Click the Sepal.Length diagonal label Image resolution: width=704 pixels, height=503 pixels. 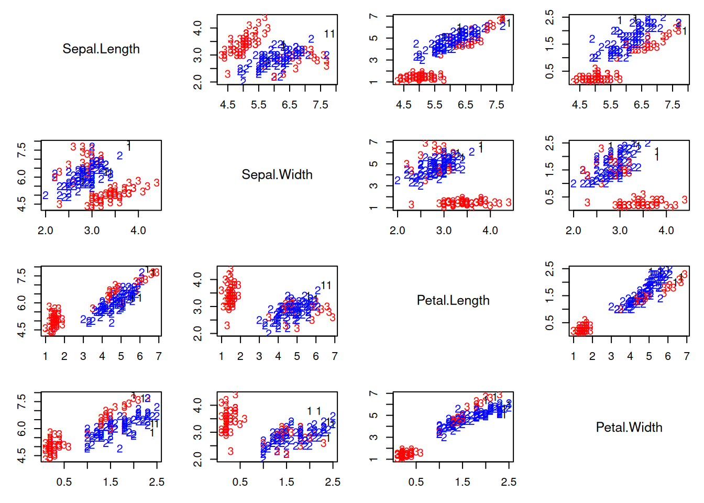101,49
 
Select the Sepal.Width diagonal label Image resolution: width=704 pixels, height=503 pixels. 277,174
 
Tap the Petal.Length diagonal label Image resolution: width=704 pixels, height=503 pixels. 453,300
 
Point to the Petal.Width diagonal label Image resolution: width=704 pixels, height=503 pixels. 629,427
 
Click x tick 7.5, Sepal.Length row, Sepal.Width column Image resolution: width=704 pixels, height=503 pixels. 320,105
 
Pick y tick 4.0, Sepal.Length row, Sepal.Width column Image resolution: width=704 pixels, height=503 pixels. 198,27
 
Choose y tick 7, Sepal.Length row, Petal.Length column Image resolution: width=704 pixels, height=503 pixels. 374,16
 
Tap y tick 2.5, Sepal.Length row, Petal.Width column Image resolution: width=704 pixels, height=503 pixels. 550,17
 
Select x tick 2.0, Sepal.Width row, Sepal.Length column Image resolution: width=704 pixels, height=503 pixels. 46,231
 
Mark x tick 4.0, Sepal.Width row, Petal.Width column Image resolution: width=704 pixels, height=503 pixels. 666,231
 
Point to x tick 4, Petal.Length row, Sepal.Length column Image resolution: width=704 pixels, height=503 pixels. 102,356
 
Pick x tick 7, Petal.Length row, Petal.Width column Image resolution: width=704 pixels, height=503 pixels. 687,356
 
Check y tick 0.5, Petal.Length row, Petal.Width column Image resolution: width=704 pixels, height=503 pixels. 550,323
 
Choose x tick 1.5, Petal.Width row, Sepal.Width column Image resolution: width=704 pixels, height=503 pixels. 287,482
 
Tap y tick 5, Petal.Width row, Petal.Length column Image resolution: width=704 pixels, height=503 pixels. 374,415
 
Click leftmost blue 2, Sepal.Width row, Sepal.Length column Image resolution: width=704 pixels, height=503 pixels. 46,195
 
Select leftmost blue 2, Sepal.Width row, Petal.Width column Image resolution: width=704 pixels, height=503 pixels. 574,183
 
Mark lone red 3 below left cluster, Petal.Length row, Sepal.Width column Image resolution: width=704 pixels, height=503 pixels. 227,325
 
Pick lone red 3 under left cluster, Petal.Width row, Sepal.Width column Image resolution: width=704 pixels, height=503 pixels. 230,451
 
